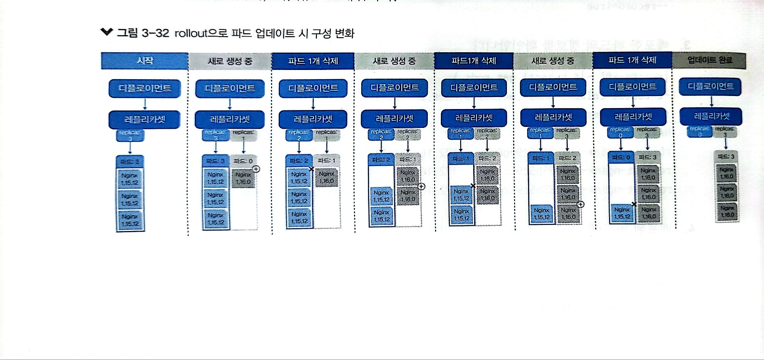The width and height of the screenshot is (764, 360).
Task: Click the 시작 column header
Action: tap(145, 61)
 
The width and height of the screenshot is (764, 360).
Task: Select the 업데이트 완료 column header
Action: tap(709, 60)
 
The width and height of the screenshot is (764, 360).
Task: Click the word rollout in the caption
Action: tap(191, 33)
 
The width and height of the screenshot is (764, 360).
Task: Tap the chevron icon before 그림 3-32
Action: tap(107, 32)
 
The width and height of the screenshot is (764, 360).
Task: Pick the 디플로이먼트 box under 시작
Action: tap(145, 88)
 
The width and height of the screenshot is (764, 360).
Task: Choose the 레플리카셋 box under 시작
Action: tap(145, 119)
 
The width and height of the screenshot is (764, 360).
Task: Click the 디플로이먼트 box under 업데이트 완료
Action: tap(710, 86)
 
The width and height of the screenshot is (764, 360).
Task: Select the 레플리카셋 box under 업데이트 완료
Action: tap(711, 116)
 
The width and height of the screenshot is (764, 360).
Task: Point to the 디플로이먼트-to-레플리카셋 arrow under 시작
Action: tap(145, 104)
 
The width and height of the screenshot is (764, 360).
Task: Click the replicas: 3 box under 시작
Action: tap(130, 135)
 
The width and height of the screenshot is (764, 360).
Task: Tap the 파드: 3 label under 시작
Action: tap(130, 161)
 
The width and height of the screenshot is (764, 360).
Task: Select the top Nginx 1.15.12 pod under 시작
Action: tap(130, 180)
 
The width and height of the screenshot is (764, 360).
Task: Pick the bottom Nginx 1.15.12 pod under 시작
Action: tap(130, 221)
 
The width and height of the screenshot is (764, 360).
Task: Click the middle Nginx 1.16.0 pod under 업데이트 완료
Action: tap(727, 193)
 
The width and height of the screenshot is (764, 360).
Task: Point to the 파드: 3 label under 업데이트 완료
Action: tap(726, 156)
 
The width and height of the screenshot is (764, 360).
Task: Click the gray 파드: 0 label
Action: tap(243, 161)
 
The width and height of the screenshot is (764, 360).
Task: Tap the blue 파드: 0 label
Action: tap(621, 157)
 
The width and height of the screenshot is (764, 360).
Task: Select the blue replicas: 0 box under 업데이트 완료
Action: tap(699, 131)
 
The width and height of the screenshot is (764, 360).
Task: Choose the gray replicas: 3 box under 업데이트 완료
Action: tap(724, 131)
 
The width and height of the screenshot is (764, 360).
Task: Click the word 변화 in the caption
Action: tap(344, 33)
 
